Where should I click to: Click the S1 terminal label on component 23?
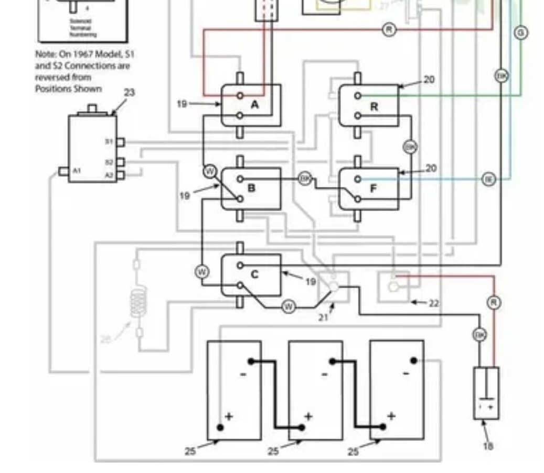tap(109, 142)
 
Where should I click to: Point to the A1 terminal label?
tap(77, 171)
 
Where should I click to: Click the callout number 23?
tap(129, 93)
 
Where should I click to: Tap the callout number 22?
tap(433, 303)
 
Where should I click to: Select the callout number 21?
tap(323, 317)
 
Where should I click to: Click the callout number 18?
tap(487, 446)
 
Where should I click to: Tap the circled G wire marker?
tap(520, 32)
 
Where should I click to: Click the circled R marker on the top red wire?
tap(389, 29)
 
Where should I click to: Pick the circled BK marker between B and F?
tap(305, 179)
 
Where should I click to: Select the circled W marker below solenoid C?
tap(289, 307)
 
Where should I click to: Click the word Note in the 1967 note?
tap(46, 54)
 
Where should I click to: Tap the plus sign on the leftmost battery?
tap(229, 416)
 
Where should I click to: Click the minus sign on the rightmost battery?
tap(406, 373)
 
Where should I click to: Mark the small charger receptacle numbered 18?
tap(486, 393)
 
